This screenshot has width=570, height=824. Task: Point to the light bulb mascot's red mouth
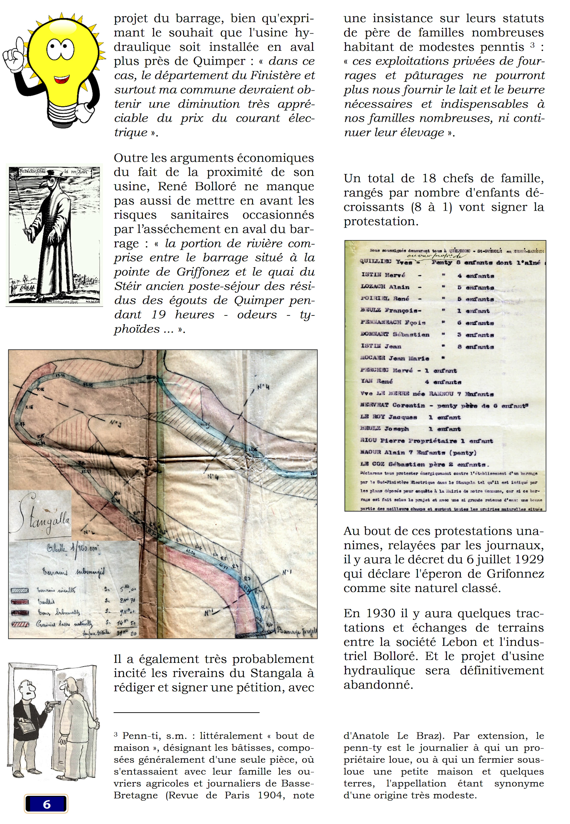(x=61, y=79)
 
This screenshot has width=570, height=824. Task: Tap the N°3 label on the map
(x=115, y=424)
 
